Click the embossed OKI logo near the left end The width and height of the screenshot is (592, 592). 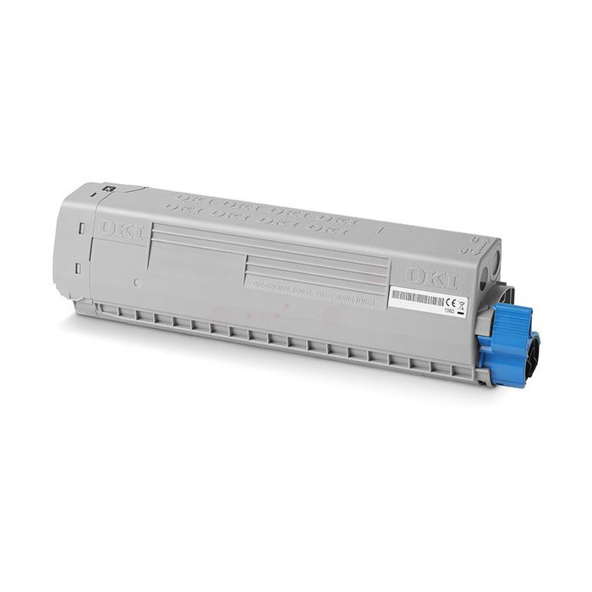point(121,230)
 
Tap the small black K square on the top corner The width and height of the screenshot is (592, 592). point(110,189)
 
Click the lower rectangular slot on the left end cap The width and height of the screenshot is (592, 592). point(77,268)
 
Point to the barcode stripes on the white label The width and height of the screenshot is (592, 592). point(416,298)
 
